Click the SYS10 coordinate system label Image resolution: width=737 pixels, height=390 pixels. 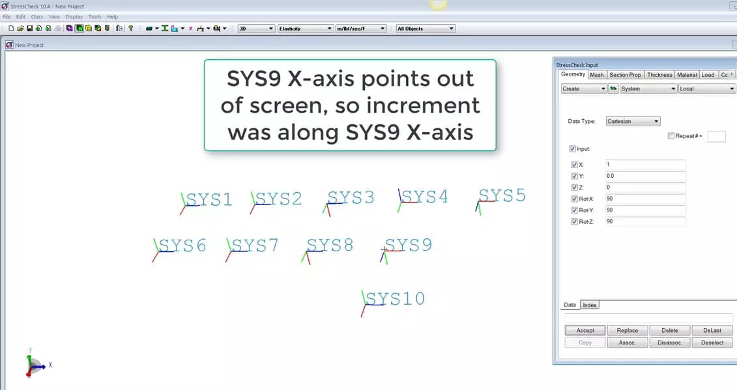(396, 299)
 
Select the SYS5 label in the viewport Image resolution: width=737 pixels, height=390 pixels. (502, 195)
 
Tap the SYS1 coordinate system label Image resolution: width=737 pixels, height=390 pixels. (209, 200)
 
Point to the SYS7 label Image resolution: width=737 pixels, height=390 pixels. (255, 245)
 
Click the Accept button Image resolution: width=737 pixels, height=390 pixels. (585, 330)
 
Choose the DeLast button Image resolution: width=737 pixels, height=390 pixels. (712, 330)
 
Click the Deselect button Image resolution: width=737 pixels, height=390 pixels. (712, 342)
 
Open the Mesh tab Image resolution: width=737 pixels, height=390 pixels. (596, 75)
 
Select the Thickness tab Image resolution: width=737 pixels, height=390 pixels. (659, 75)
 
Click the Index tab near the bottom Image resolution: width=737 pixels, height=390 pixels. (590, 305)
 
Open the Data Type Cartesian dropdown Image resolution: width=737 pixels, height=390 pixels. (633, 121)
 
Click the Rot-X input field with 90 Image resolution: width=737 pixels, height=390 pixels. (645, 199)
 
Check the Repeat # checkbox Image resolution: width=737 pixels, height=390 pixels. (671, 136)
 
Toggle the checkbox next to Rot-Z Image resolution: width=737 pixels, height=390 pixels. (574, 222)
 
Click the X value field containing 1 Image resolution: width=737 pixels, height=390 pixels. (645, 165)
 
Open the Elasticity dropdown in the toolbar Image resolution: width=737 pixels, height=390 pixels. (305, 29)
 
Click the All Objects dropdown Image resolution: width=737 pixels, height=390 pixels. (426, 29)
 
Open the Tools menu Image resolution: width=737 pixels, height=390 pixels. (94, 17)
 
